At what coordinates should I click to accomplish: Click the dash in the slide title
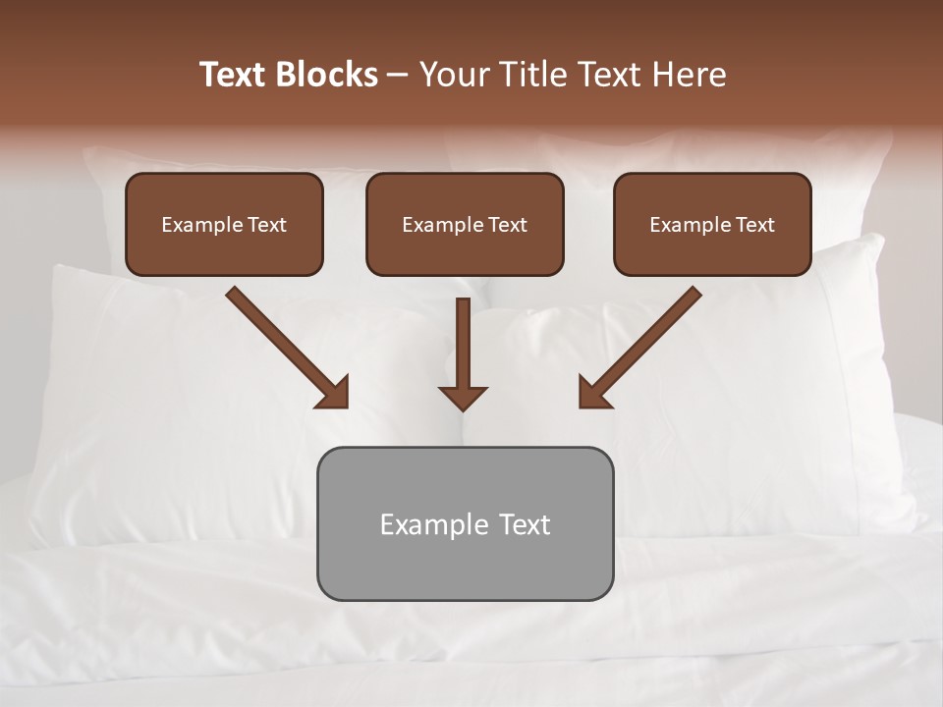pyautogui.click(x=398, y=75)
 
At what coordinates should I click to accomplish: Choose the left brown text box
pyautogui.click(x=225, y=224)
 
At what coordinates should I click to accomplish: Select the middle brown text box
pyautogui.click(x=465, y=224)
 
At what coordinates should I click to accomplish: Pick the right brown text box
pyautogui.click(x=712, y=224)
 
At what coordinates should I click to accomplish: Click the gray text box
pyautogui.click(x=465, y=523)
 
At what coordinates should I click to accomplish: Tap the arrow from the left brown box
pyautogui.click(x=285, y=346)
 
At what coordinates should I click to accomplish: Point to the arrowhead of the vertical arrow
pyautogui.click(x=463, y=398)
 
